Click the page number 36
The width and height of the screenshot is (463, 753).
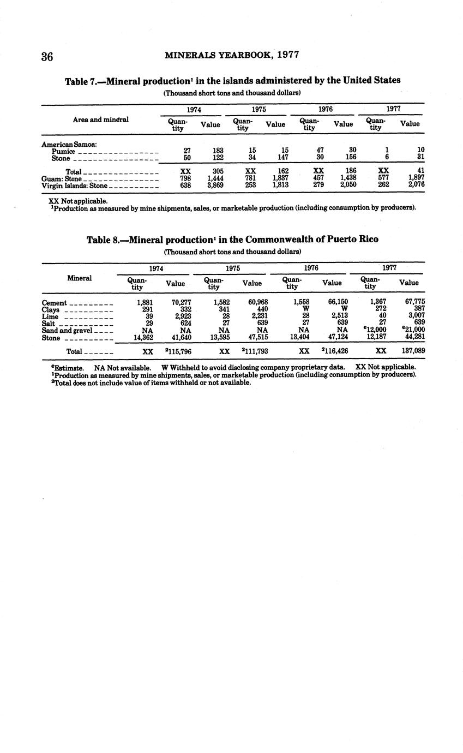(x=47, y=57)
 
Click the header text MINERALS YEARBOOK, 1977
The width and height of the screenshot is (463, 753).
(x=232, y=55)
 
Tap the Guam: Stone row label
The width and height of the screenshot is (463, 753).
(x=61, y=178)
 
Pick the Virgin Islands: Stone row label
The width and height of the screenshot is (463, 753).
(x=74, y=186)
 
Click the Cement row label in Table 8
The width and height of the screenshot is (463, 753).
(x=54, y=303)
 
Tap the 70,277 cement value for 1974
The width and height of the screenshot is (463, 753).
(x=181, y=302)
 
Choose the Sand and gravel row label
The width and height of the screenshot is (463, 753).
(x=67, y=331)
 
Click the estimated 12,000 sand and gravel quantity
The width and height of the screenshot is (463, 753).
(x=374, y=330)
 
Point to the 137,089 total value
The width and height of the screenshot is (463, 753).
(x=413, y=351)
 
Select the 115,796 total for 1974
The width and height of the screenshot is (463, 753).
(x=178, y=351)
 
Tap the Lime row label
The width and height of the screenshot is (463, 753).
(x=50, y=316)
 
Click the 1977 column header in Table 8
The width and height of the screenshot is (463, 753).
(x=389, y=268)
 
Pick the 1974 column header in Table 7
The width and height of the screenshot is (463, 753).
(x=194, y=109)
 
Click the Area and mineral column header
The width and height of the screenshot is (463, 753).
(x=101, y=119)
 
